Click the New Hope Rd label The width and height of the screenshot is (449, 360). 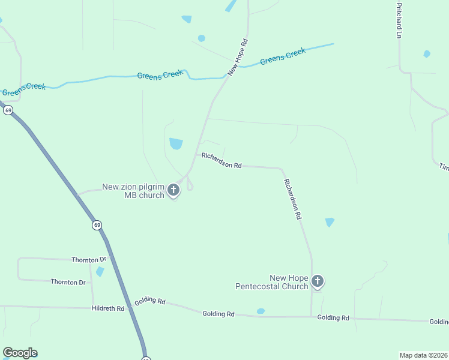click(238, 58)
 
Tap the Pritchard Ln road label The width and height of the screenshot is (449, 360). click(398, 20)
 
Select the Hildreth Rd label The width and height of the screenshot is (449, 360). click(108, 308)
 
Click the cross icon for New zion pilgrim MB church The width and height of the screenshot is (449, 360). click(173, 191)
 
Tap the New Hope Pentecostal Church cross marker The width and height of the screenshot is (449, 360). click(318, 281)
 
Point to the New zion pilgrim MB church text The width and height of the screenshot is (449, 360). click(133, 191)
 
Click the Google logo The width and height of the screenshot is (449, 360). click(20, 353)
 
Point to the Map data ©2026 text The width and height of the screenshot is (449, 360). click(423, 355)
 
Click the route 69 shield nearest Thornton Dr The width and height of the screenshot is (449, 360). click(97, 225)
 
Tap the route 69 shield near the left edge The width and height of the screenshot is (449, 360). click(8, 110)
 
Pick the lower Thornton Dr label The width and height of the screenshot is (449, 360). click(68, 282)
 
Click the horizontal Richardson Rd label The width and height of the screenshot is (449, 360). click(221, 160)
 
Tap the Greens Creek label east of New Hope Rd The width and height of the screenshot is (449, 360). click(283, 56)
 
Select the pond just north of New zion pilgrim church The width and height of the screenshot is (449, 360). click(176, 143)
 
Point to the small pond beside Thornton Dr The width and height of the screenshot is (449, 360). click(100, 271)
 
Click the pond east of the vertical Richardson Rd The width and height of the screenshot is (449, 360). click(330, 222)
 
